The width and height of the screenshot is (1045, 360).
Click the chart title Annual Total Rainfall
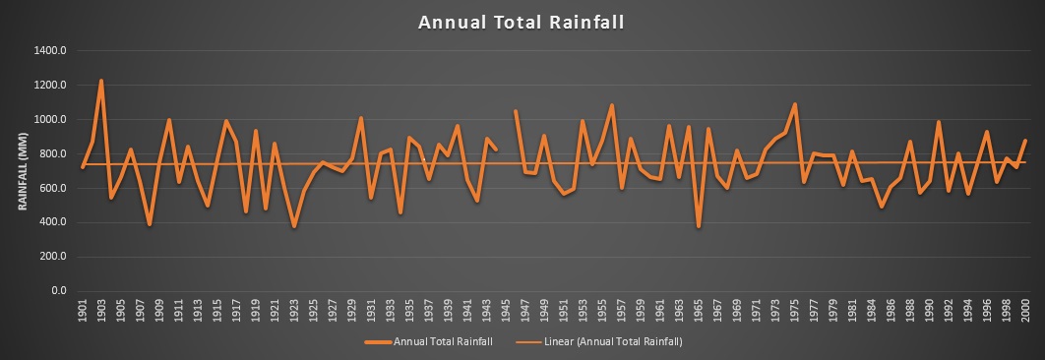[522, 22]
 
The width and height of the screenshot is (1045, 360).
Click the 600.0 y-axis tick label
[52, 188]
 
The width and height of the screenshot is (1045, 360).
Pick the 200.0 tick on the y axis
[52, 257]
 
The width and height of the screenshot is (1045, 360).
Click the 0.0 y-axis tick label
[58, 291]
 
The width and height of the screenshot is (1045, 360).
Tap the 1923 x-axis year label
[293, 310]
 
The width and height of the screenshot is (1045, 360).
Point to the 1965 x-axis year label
[698, 310]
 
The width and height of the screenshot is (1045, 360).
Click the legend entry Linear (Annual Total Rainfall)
[616, 342]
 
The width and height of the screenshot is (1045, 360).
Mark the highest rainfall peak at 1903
[101, 81]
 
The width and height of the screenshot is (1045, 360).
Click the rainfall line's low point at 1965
[698, 227]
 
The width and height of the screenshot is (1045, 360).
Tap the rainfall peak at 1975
[794, 104]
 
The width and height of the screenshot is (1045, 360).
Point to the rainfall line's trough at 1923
[293, 227]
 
